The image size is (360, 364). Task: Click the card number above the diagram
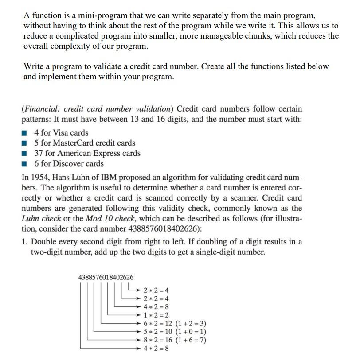coord(106,277)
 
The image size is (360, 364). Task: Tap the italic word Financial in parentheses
coord(42,108)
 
